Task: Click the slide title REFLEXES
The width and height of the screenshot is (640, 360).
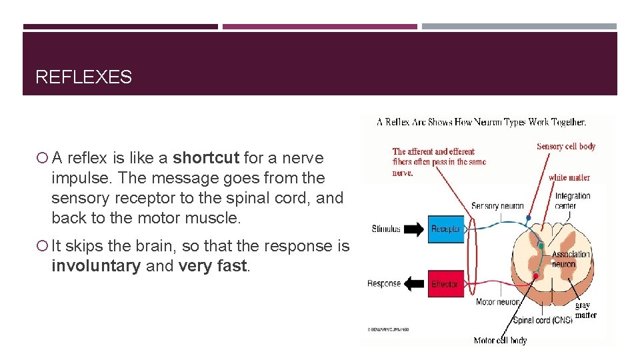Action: point(83,77)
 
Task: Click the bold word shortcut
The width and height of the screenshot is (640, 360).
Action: point(205,158)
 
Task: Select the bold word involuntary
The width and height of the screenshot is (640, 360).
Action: point(96,266)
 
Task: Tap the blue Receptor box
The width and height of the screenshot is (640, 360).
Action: point(446,229)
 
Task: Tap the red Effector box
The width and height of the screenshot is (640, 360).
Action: point(445,284)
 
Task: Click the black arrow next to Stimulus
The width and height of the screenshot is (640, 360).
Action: point(414,230)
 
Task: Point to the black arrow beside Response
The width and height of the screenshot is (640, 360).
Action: point(414,285)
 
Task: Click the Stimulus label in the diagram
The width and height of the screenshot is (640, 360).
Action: point(386,229)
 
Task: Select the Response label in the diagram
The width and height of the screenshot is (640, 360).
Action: point(384,284)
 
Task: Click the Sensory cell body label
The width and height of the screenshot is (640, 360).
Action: point(566,147)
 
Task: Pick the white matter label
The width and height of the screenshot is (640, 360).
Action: point(569,177)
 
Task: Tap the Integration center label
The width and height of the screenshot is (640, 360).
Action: point(573,201)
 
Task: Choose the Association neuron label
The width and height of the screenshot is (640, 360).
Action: point(571,259)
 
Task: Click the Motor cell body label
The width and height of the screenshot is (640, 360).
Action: point(500,341)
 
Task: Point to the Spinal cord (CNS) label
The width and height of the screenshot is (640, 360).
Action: point(542,321)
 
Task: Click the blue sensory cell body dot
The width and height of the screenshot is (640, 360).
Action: point(529,218)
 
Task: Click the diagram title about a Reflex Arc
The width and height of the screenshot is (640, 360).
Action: point(481,122)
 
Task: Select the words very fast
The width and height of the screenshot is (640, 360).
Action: point(213,266)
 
